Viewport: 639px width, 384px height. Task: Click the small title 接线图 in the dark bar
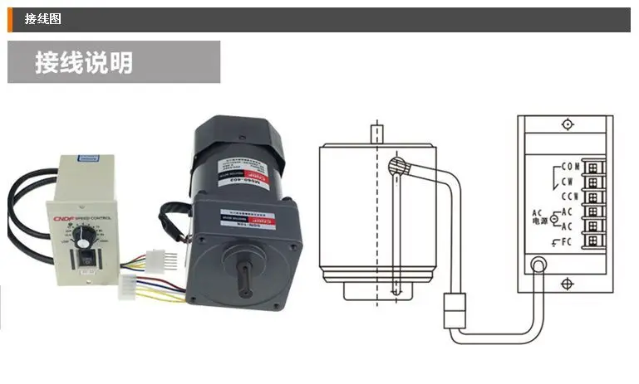[43, 19]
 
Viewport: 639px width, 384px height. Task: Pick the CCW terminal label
[569, 197]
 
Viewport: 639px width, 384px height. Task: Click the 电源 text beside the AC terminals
[540, 220]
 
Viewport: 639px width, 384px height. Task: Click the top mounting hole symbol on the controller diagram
[567, 124]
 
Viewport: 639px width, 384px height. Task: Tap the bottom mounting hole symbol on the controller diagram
[567, 284]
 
